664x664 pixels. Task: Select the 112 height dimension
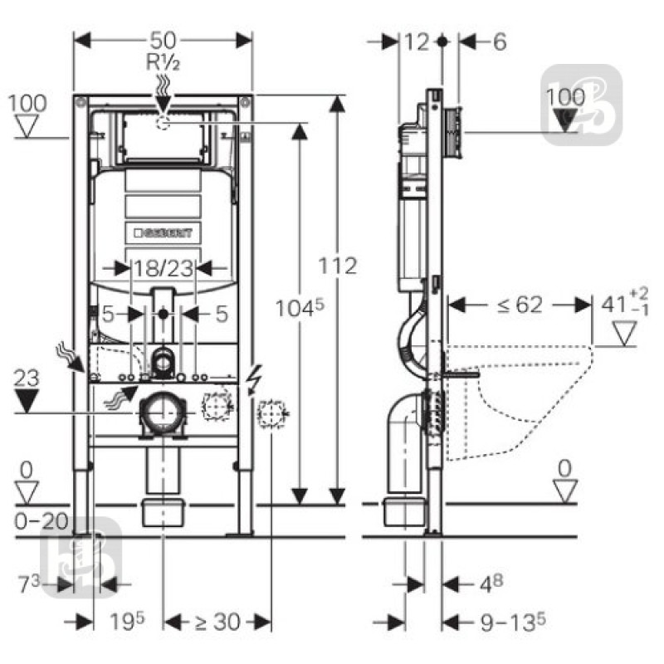[x=339, y=266]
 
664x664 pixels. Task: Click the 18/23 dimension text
[x=163, y=267]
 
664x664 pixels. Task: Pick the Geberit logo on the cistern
[x=163, y=233]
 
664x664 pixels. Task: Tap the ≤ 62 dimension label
[x=520, y=305]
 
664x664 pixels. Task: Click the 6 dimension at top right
[x=499, y=41]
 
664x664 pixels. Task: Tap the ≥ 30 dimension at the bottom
[x=217, y=621]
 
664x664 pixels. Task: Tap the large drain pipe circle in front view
[x=164, y=413]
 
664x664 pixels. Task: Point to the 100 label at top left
[x=30, y=104]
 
